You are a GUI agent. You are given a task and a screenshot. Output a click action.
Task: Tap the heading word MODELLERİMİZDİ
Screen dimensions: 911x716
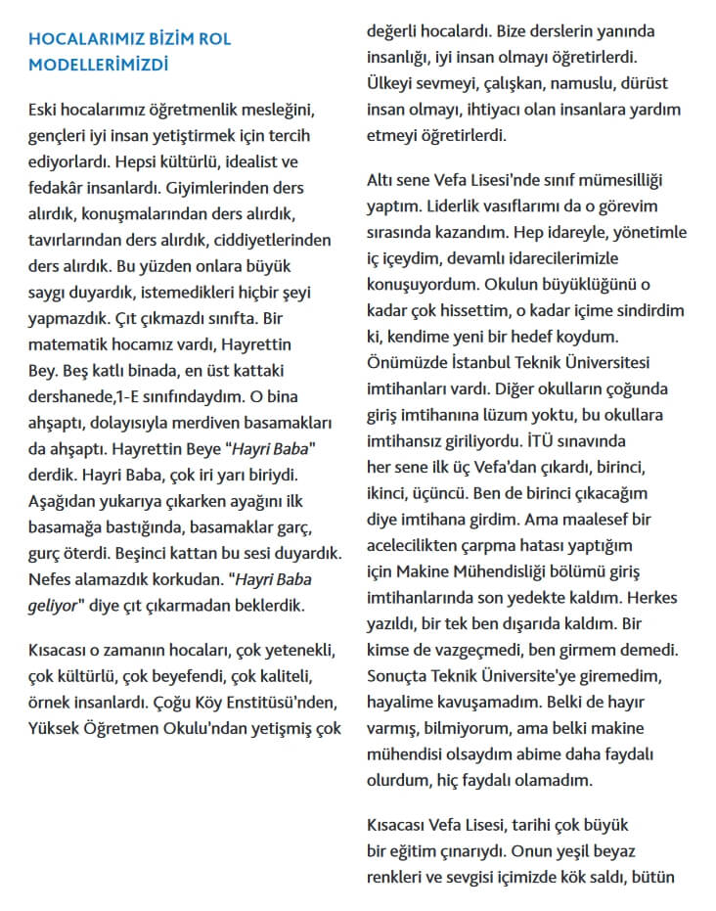[99, 65]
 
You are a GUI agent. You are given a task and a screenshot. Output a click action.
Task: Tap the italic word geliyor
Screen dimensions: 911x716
[59, 605]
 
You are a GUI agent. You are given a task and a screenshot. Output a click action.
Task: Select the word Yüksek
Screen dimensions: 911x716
[55, 727]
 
